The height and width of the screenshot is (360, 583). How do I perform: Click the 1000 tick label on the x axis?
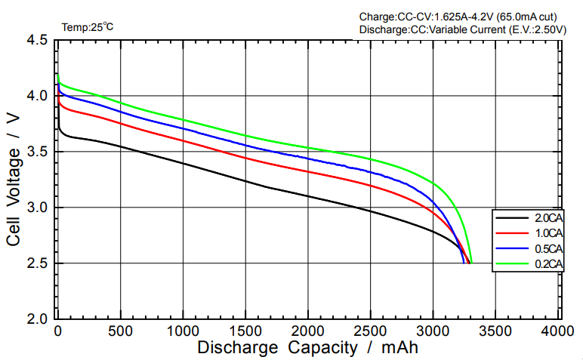coord(182,331)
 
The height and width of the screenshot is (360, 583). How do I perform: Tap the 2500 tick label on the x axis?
coord(370,331)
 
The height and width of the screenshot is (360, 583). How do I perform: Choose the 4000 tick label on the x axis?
coord(558,331)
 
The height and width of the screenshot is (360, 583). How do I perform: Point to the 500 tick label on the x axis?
coord(119,331)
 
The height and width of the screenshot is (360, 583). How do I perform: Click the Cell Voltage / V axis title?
coord(14,180)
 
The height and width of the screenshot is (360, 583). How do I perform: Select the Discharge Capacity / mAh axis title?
coord(307,348)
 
